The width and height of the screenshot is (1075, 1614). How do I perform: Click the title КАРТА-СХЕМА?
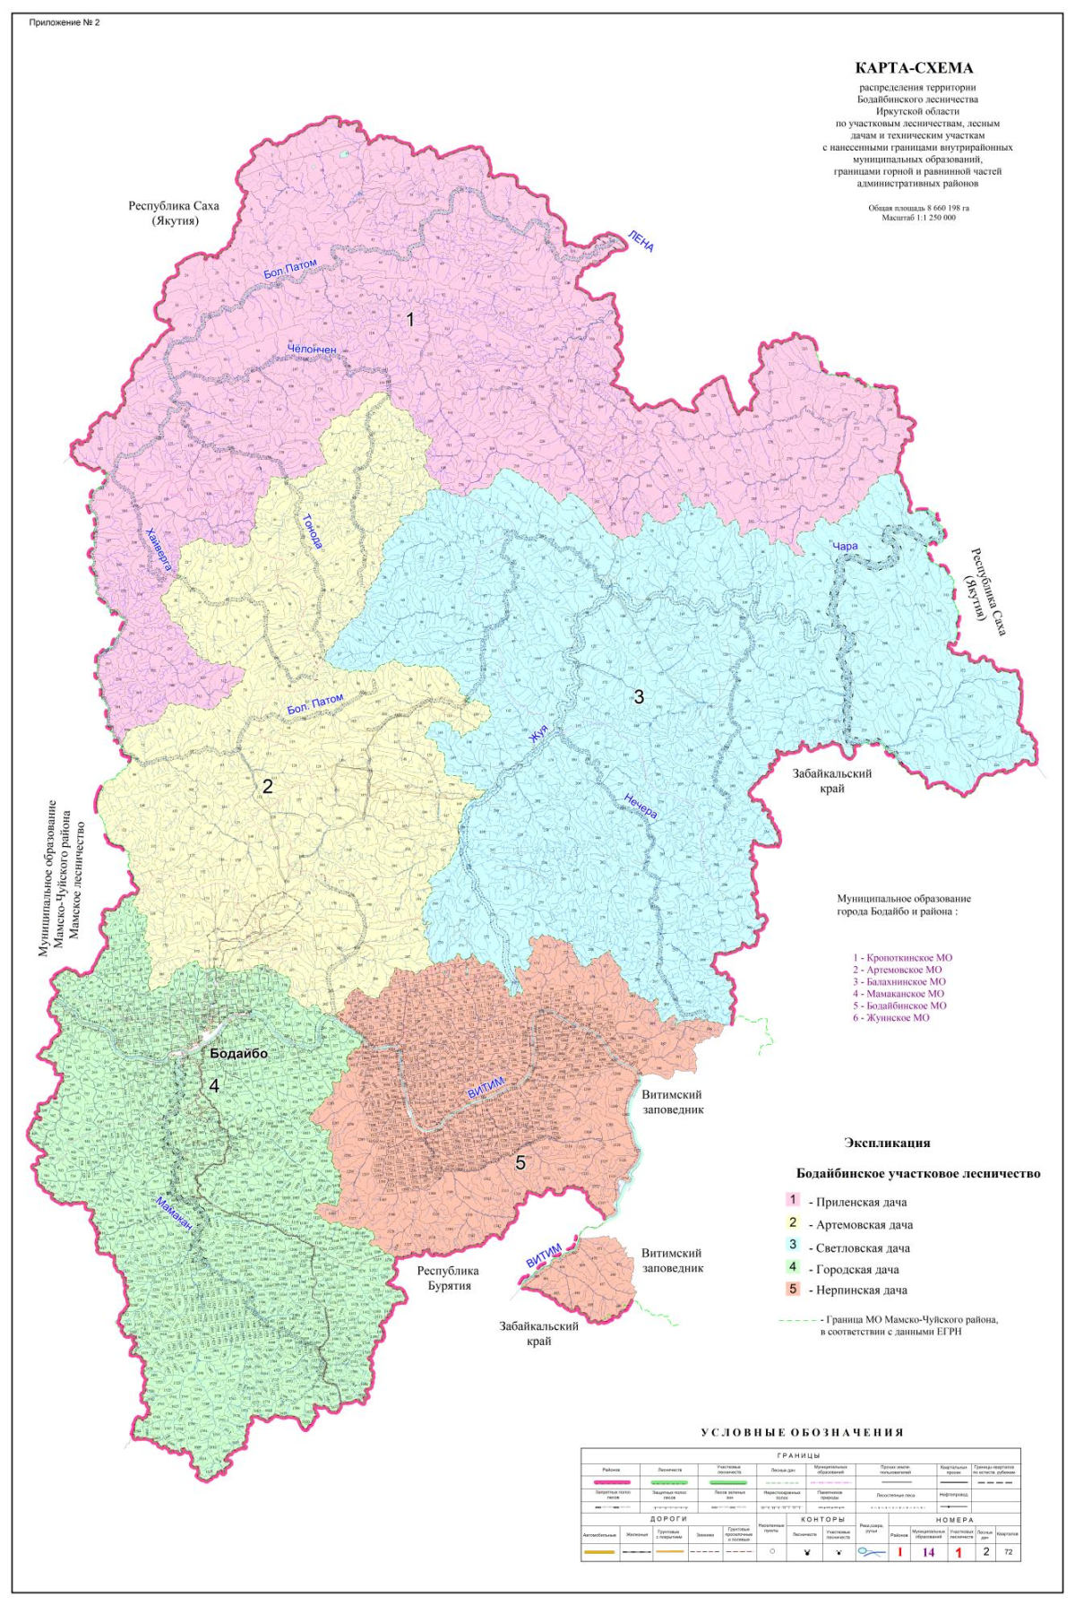pos(914,68)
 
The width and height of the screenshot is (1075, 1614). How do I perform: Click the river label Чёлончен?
pos(312,349)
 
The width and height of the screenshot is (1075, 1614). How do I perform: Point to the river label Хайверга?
pos(159,548)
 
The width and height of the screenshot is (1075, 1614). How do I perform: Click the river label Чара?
pos(845,546)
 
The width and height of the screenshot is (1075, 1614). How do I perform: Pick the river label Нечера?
pos(641,807)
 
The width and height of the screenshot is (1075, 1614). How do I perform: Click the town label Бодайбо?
pos(238,1054)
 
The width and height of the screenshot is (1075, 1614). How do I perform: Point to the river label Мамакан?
pos(175,1217)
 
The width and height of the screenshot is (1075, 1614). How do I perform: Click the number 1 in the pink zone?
pos(410,319)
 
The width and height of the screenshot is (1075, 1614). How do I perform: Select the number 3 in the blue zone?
pos(639,696)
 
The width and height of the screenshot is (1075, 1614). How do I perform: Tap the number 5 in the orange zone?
pos(520,1163)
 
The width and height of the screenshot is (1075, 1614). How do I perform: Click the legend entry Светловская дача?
pos(862,1247)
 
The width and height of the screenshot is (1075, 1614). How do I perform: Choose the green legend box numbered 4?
pos(793,1267)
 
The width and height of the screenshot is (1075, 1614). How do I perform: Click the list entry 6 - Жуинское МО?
pos(890,1017)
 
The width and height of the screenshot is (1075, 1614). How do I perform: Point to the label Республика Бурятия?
pos(448,1278)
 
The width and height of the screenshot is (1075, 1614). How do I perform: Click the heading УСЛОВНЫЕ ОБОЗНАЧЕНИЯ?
pos(802,1432)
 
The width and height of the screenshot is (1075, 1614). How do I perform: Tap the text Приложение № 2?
pos(64,22)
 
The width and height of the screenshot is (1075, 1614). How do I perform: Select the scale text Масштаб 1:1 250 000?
pos(918,218)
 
